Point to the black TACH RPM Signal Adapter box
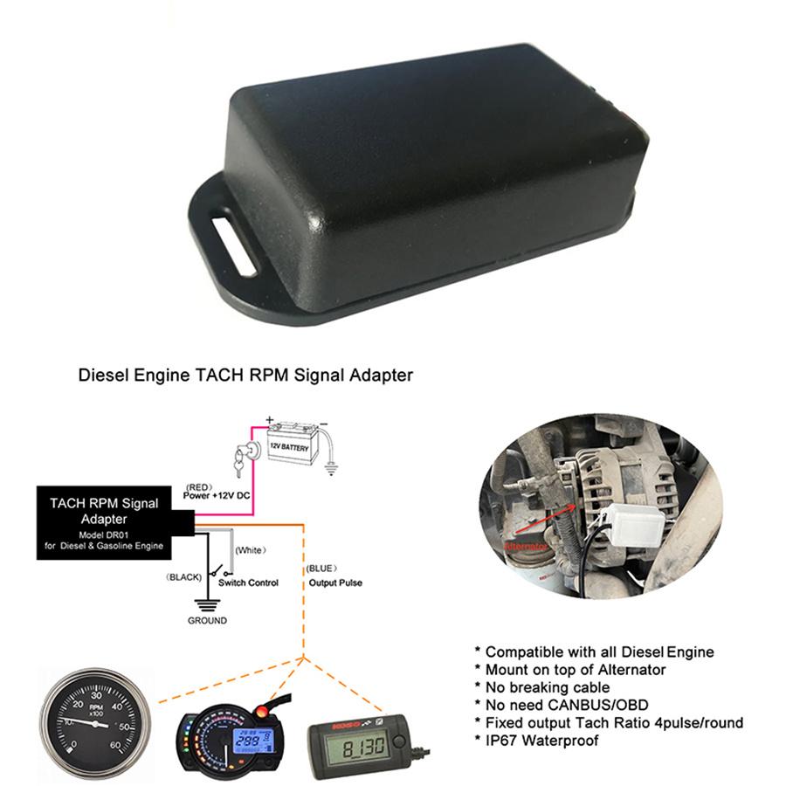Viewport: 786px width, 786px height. (110, 521)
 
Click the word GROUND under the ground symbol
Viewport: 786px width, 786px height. (207, 621)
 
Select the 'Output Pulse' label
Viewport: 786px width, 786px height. (334, 583)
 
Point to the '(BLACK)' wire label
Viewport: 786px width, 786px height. (183, 577)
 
